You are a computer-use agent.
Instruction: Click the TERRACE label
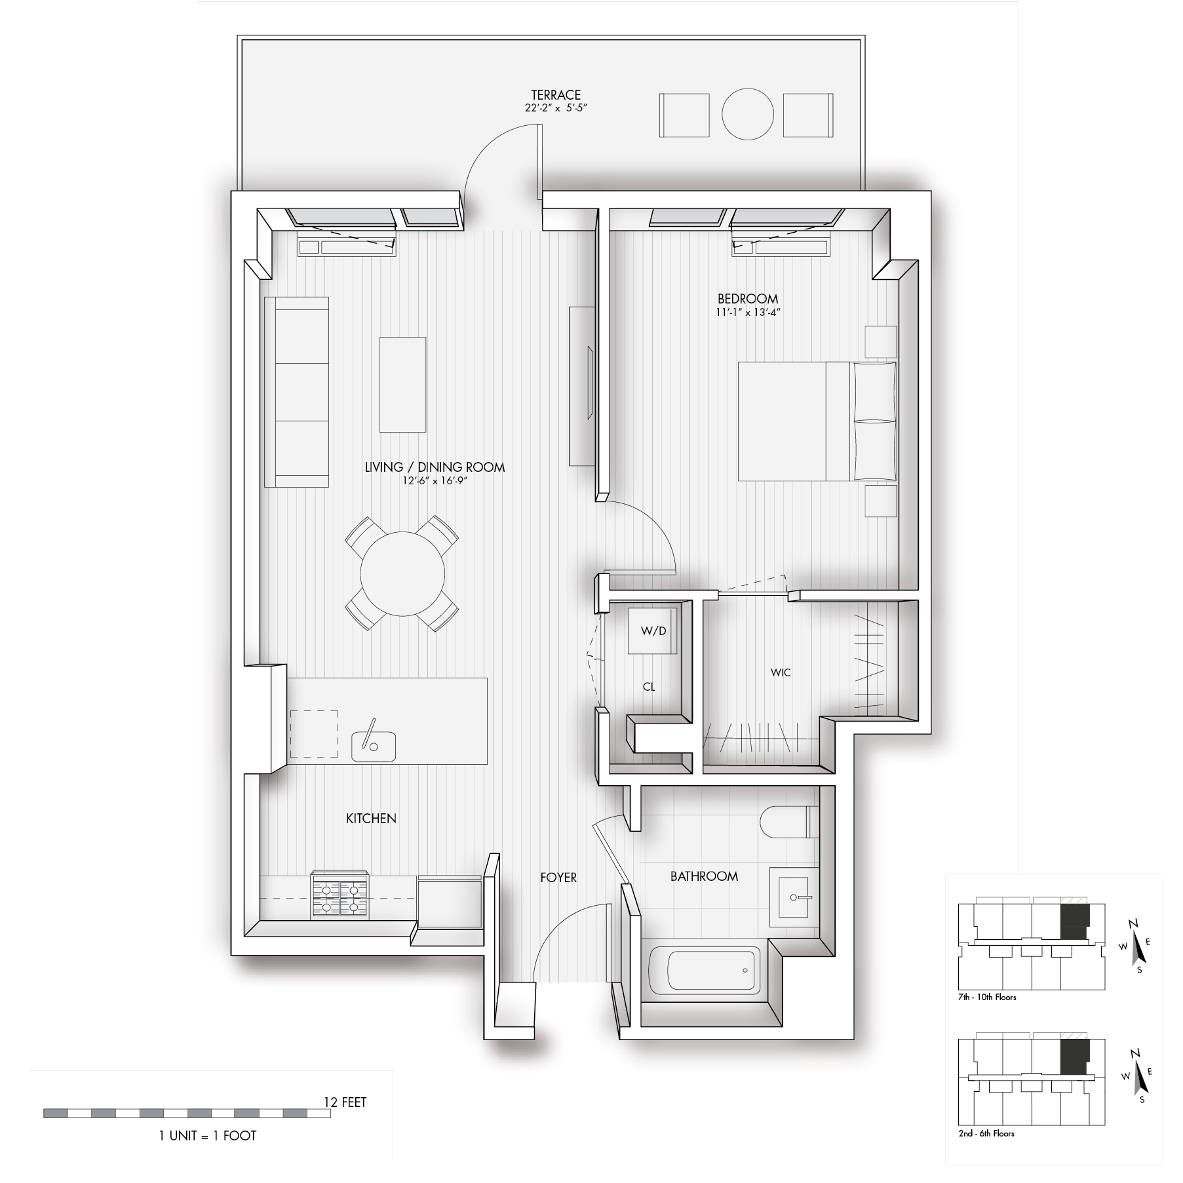coord(556,95)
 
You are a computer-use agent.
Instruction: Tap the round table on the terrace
coord(748,115)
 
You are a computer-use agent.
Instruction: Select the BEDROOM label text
coord(748,299)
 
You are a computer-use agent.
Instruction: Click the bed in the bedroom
coord(817,421)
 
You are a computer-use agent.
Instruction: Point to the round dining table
coord(402,574)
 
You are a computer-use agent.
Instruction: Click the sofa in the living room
coord(296,392)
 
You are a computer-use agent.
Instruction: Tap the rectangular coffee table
coord(403,385)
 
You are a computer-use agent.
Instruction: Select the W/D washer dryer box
coord(652,631)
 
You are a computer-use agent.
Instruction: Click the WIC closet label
coord(781,672)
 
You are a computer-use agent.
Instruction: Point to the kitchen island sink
coord(374,747)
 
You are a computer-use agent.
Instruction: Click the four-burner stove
coord(339,895)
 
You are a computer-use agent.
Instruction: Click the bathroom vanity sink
coord(795,896)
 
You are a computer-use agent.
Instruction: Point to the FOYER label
coord(558,877)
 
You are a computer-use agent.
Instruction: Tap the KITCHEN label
coord(371,818)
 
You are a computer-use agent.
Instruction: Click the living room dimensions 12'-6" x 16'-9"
coord(435,480)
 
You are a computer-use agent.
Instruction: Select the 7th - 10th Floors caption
coord(987,997)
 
